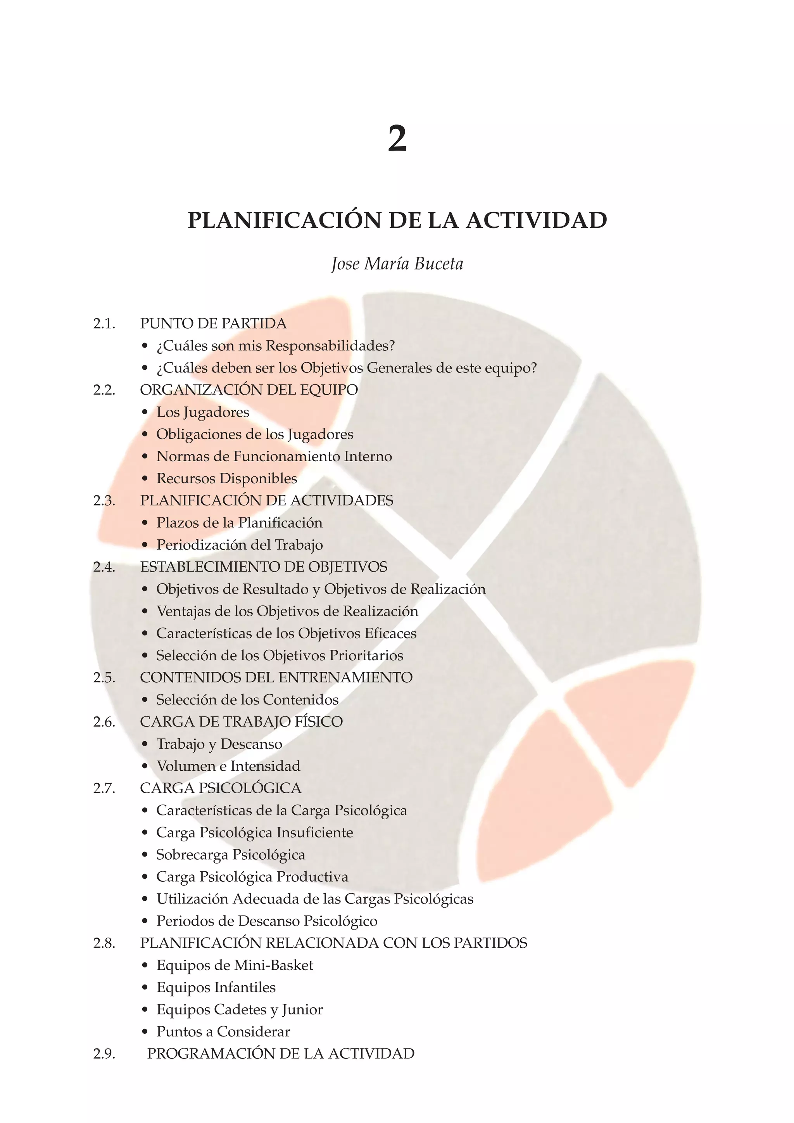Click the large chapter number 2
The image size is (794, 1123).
(x=397, y=139)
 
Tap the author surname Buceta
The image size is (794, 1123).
(x=438, y=264)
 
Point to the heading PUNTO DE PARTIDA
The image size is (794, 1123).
(x=213, y=324)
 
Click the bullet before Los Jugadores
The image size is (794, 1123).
(x=144, y=412)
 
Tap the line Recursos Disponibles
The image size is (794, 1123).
(x=226, y=478)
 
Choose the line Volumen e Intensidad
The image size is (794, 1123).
(x=228, y=766)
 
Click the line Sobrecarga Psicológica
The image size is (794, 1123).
(x=231, y=855)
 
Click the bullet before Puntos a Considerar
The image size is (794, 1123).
(x=144, y=1031)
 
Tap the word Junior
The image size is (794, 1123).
(x=302, y=1009)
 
